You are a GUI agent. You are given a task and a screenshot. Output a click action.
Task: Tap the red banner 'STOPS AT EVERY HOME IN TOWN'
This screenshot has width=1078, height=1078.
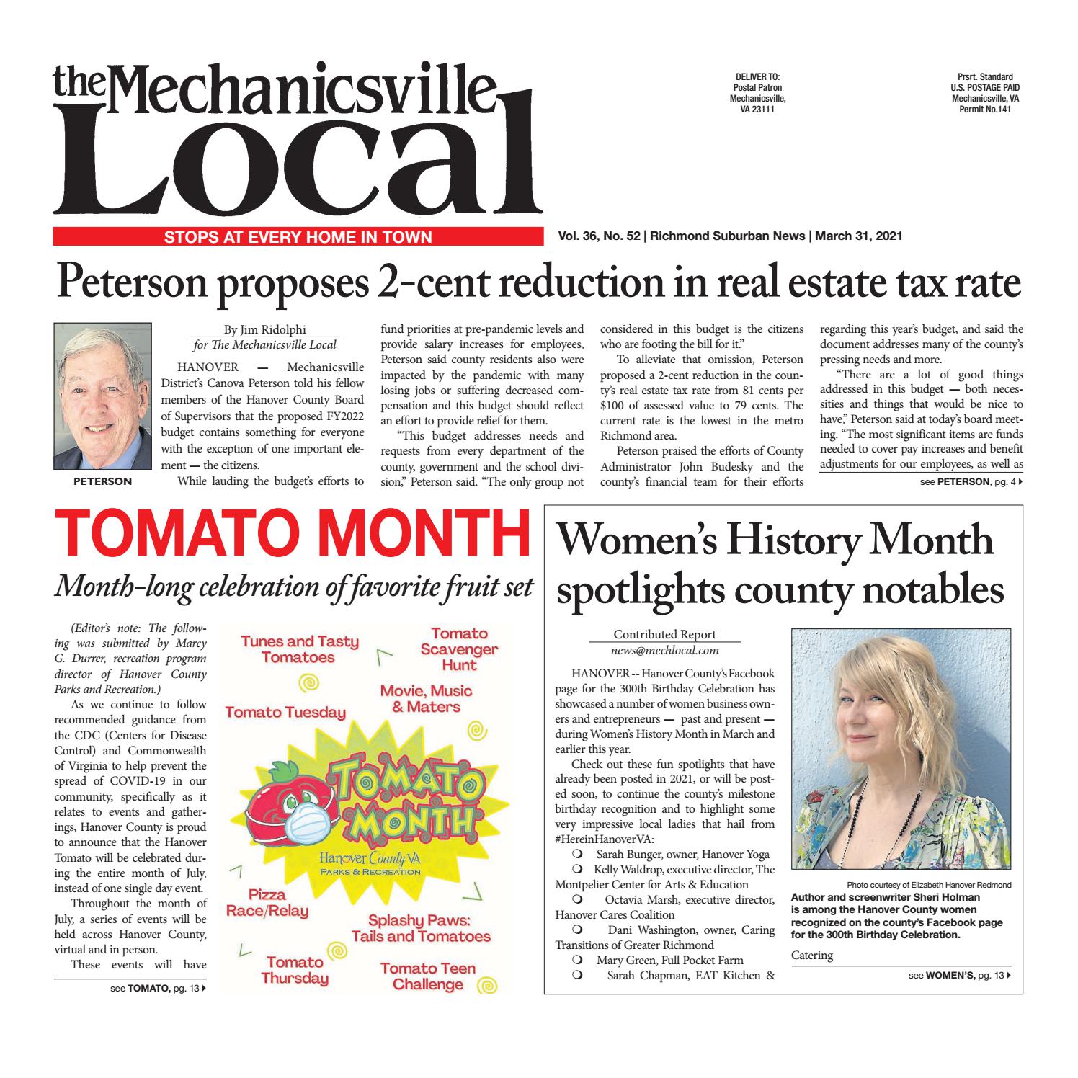298,236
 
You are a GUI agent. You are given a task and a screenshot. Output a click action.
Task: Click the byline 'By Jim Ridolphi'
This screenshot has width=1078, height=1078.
264,330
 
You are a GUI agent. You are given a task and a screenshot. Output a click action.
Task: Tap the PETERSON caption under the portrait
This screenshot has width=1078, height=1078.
103,481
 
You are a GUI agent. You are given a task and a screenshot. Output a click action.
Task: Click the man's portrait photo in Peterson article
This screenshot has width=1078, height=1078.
103,397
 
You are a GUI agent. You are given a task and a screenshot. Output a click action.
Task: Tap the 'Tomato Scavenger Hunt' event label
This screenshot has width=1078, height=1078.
459,649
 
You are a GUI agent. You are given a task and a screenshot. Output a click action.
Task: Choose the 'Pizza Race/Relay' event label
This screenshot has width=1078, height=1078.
267,903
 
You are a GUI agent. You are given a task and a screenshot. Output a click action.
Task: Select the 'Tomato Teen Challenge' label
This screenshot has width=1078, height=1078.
428,976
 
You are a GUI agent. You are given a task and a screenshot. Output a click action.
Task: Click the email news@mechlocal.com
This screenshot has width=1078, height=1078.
664,650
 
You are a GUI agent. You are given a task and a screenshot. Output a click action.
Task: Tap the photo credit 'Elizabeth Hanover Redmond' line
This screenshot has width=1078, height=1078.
929,885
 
